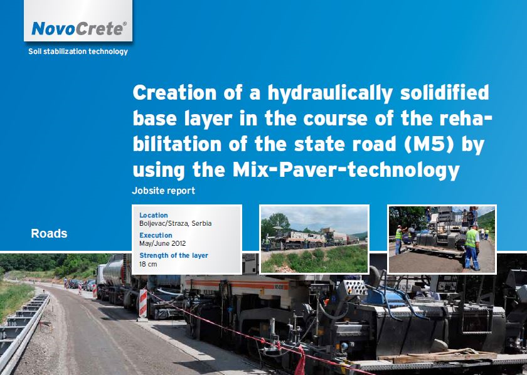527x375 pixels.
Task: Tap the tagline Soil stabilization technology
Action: [78, 51]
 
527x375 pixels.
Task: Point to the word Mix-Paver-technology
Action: [346, 170]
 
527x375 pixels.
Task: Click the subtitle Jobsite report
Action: [163, 191]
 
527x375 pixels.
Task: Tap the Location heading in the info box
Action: [154, 215]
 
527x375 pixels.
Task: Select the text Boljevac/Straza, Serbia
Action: [176, 223]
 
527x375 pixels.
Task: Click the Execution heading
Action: [156, 235]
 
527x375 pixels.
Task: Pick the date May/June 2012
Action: [162, 243]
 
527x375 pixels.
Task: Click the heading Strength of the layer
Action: [174, 255]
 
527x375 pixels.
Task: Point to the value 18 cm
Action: [148, 264]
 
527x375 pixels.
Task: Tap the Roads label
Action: [49, 233]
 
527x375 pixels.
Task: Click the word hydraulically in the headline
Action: [330, 93]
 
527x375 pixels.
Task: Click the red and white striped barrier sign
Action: [143, 304]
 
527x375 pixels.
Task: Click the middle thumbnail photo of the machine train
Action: [314, 240]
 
